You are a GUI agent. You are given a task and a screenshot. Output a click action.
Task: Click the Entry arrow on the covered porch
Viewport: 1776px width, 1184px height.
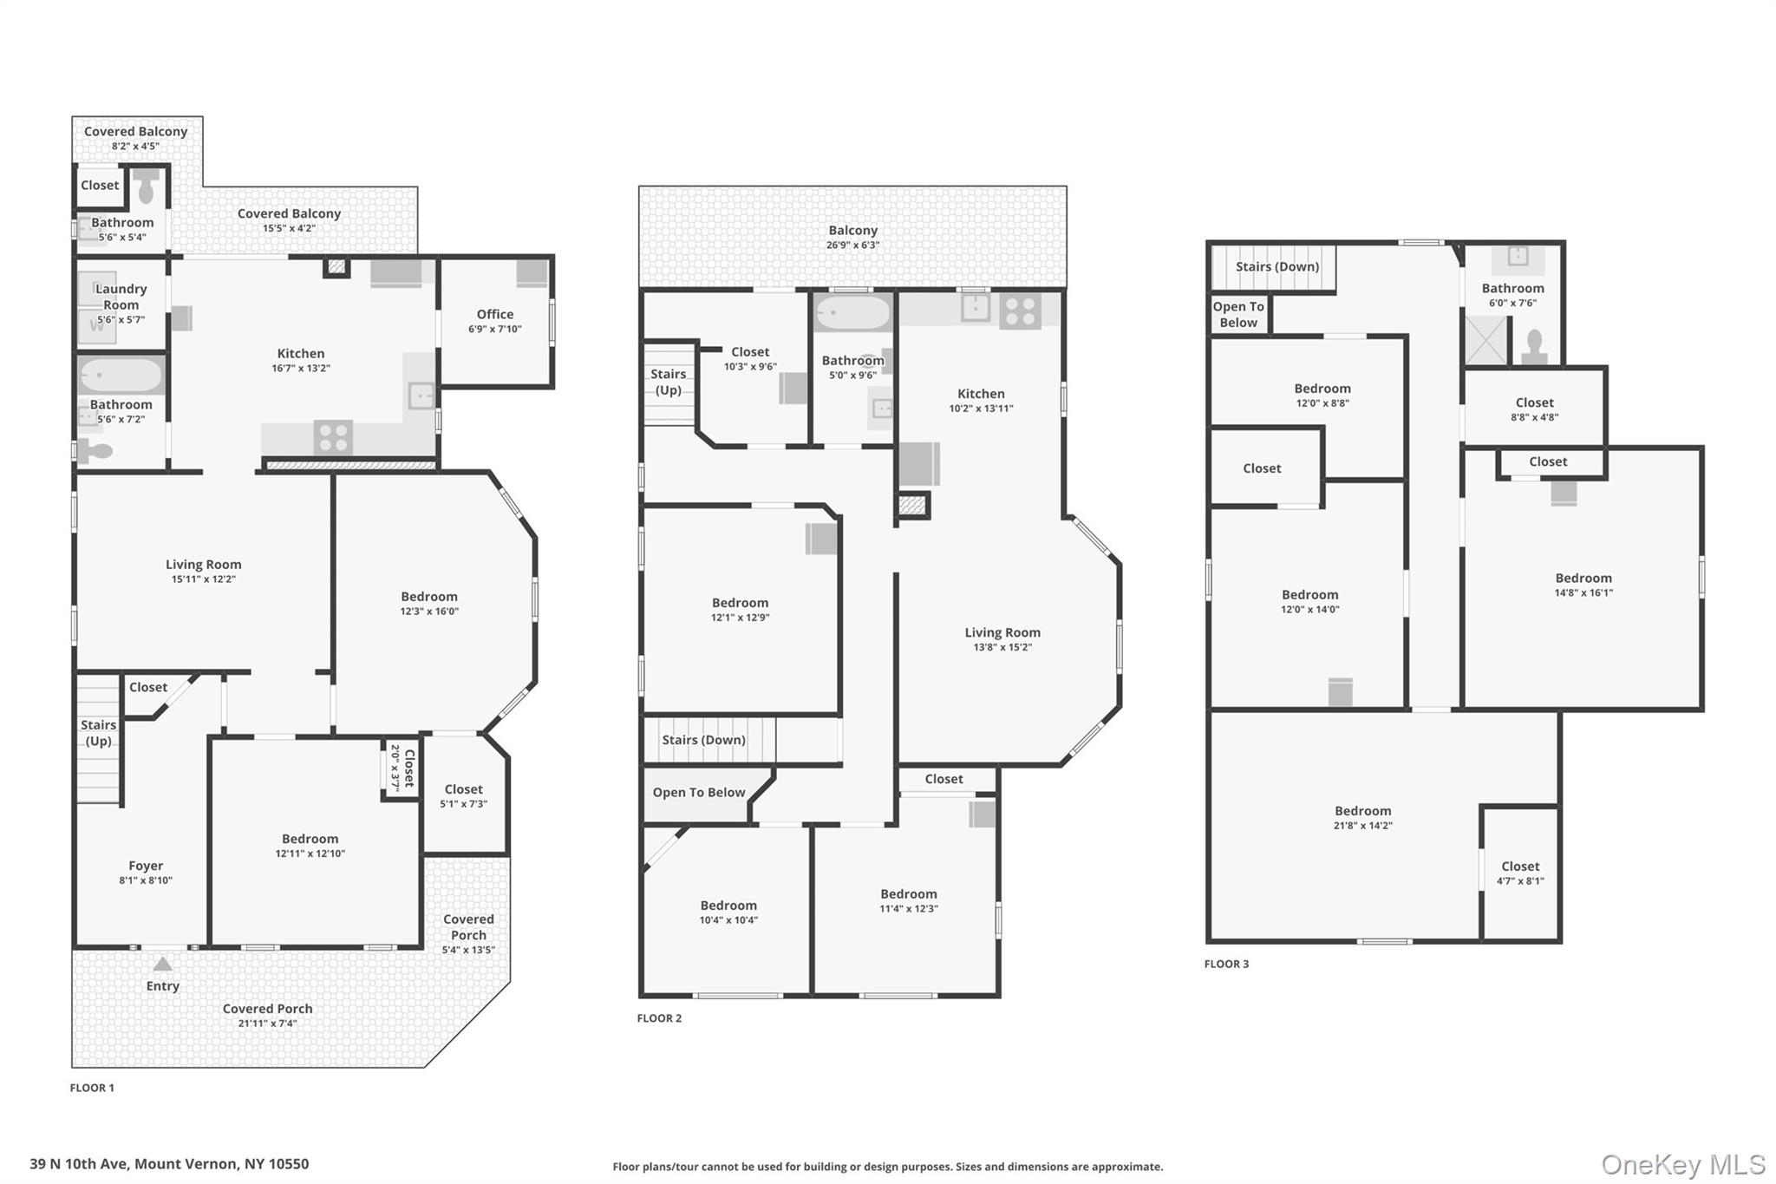(x=162, y=965)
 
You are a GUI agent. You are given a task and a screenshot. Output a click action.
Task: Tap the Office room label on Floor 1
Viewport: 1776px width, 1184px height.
(x=494, y=315)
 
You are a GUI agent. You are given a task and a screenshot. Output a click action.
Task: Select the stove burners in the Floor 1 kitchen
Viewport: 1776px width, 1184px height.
(x=333, y=437)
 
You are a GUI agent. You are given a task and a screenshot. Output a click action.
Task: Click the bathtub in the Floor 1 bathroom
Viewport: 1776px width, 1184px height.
(x=121, y=376)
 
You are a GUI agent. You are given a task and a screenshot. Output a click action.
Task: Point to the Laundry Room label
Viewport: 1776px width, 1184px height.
(x=121, y=297)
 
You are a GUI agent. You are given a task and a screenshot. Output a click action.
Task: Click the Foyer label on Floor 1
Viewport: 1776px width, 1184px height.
(x=146, y=866)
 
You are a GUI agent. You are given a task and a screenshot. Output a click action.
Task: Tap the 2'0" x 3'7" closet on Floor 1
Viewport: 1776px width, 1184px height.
(x=402, y=768)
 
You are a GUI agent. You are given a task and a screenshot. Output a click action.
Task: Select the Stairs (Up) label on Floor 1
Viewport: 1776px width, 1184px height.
(x=98, y=732)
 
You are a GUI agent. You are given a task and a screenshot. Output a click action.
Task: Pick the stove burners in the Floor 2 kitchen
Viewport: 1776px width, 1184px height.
(x=1020, y=311)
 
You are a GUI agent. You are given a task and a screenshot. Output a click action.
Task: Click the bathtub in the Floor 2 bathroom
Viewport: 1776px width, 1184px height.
(x=853, y=313)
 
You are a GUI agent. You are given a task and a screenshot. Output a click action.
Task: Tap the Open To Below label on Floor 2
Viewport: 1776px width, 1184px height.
(x=698, y=793)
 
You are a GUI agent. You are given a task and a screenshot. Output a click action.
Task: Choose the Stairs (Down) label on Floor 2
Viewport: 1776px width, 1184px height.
(x=703, y=740)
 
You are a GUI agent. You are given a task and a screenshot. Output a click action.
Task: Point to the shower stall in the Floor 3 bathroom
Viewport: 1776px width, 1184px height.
(x=1485, y=340)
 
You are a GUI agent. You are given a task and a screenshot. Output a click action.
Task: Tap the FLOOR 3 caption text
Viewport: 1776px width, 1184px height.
(x=1226, y=964)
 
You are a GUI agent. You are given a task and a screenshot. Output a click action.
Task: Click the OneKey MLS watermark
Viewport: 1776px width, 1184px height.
(x=1682, y=1164)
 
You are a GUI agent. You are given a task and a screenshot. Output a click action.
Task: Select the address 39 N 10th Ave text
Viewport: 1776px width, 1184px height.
(x=169, y=1164)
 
